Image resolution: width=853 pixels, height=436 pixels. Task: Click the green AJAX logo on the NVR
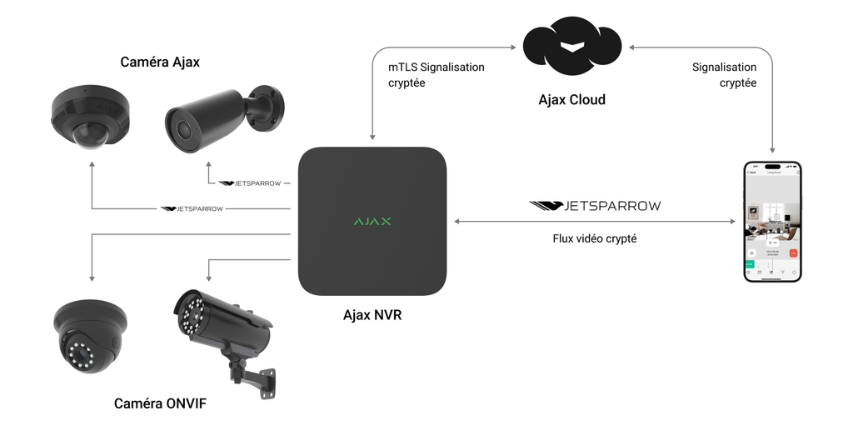click(x=372, y=222)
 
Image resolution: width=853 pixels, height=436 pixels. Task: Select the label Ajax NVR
click(x=372, y=315)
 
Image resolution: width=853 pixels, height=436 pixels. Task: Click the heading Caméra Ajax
click(x=160, y=62)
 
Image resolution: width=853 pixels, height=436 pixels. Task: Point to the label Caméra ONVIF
click(x=160, y=404)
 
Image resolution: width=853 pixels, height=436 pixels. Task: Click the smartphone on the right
click(x=772, y=223)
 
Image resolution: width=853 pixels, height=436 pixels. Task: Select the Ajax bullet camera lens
click(x=181, y=128)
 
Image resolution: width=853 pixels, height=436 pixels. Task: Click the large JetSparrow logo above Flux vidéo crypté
click(x=595, y=205)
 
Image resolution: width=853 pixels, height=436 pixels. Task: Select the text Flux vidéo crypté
click(x=595, y=238)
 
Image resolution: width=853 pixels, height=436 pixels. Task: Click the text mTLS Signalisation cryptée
click(x=436, y=75)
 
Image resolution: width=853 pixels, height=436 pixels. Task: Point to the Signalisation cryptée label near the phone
click(x=724, y=75)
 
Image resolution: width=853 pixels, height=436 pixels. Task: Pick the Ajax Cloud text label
click(x=571, y=100)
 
